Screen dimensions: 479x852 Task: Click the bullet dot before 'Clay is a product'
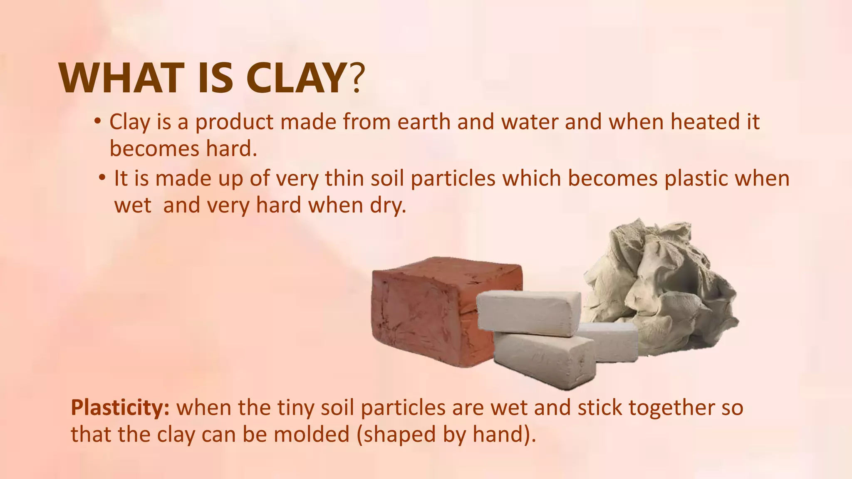97,121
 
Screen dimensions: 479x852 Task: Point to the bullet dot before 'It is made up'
102,178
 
